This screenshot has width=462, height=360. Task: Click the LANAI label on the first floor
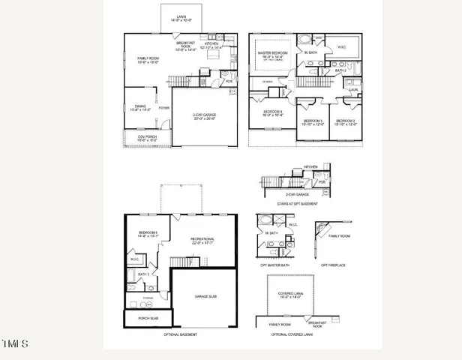(x=181, y=15)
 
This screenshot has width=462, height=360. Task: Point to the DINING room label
(x=140, y=106)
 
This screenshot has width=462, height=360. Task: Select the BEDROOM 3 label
(x=313, y=121)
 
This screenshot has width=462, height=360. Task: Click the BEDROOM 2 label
(x=345, y=121)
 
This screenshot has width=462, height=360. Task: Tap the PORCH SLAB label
(x=148, y=318)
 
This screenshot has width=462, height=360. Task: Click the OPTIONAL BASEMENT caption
(x=180, y=334)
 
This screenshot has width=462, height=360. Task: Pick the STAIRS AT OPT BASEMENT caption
(x=298, y=204)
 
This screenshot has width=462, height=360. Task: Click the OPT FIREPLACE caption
(x=334, y=265)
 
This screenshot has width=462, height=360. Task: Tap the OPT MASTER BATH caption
(x=274, y=265)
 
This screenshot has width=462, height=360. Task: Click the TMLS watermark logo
(x=15, y=344)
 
